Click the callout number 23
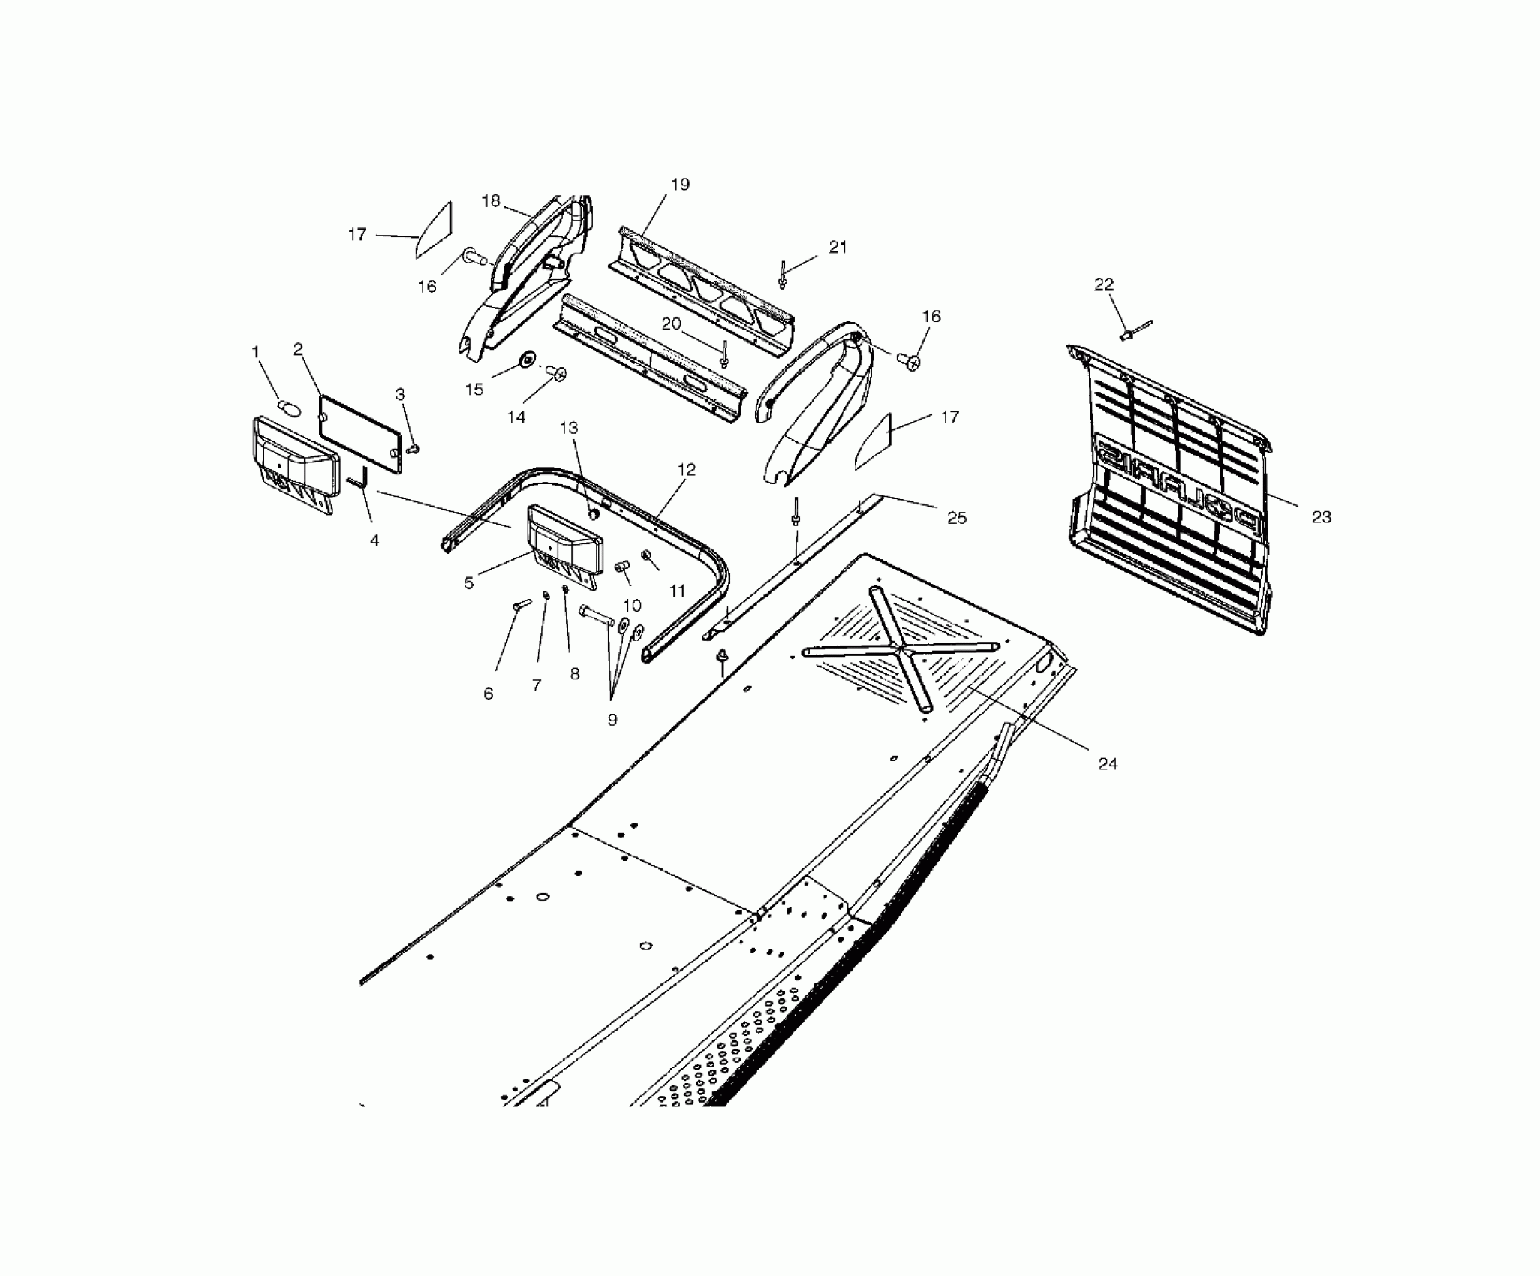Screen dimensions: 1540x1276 (x=1321, y=517)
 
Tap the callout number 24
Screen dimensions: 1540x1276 (x=1108, y=763)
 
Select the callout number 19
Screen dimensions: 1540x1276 (x=680, y=185)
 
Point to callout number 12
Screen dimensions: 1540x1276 (x=687, y=470)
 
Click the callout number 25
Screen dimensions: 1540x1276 (x=957, y=518)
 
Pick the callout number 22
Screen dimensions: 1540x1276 (x=1104, y=284)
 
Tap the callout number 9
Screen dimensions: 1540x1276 (x=612, y=719)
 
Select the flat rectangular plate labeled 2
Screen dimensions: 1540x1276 (x=360, y=434)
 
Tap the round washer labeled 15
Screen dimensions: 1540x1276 (x=525, y=361)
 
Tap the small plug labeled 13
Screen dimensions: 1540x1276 (x=591, y=514)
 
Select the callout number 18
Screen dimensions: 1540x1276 (x=490, y=202)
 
